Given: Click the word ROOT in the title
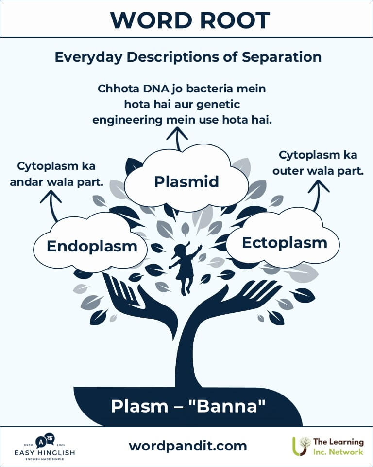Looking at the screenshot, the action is point(235,20).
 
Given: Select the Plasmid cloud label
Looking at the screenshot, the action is point(186,181).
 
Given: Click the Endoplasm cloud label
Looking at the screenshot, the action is point(92,247).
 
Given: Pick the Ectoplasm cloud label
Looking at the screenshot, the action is point(284,243).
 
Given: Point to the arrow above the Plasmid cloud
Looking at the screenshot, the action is point(177,139).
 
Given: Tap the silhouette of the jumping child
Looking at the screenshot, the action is point(185,268).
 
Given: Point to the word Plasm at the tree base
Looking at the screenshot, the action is point(139,406).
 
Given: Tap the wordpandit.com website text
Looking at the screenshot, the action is point(187,446).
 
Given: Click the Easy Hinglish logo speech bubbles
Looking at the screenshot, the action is point(45,441).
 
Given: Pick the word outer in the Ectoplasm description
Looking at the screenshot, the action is point(288,171).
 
